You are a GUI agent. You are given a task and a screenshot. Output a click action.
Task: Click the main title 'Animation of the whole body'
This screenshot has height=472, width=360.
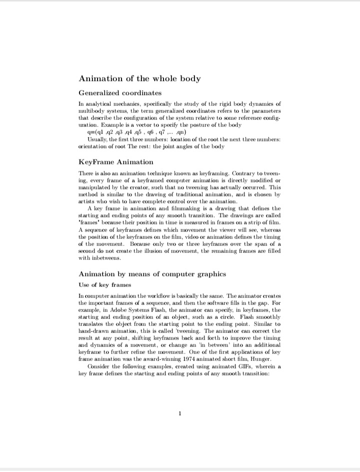tap(139, 79)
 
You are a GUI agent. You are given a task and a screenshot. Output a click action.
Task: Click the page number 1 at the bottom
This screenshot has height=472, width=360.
tap(180, 413)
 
